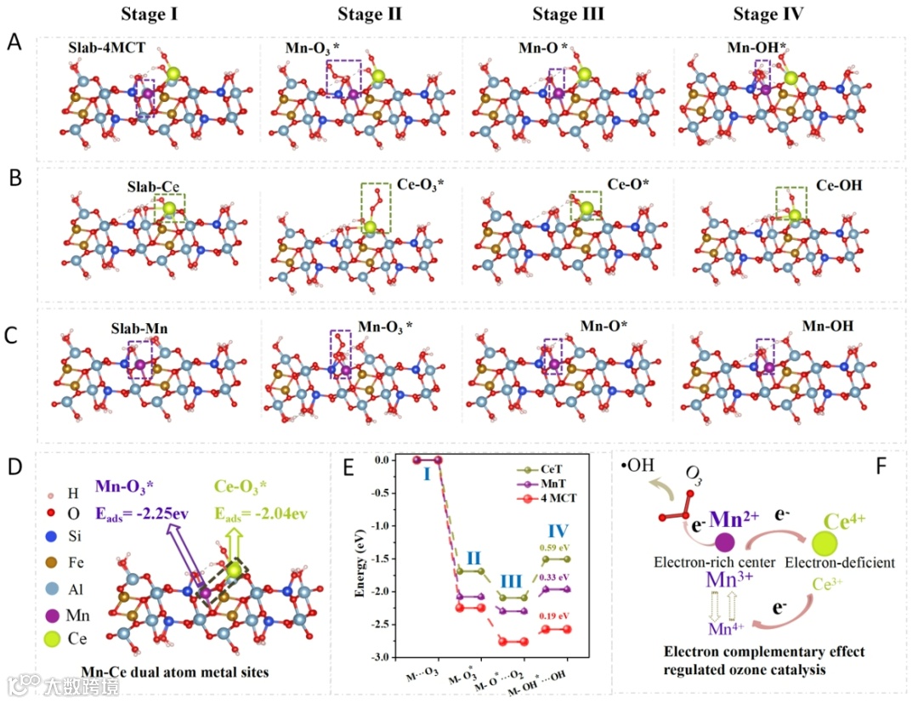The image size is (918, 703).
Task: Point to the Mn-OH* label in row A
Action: pyautogui.click(x=758, y=49)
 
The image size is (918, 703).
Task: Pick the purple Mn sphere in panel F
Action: pyautogui.click(x=725, y=541)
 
